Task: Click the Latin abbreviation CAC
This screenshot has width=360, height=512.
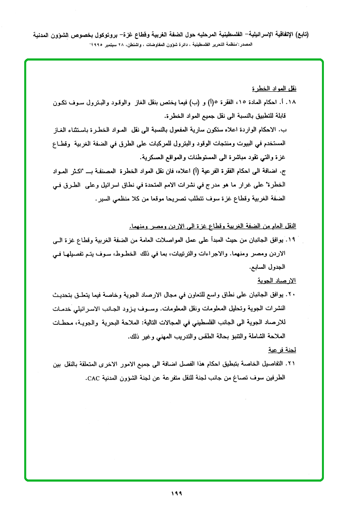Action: pyautogui.click(x=94, y=378)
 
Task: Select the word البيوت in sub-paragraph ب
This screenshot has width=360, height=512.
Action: pyautogui.click(x=248, y=142)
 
